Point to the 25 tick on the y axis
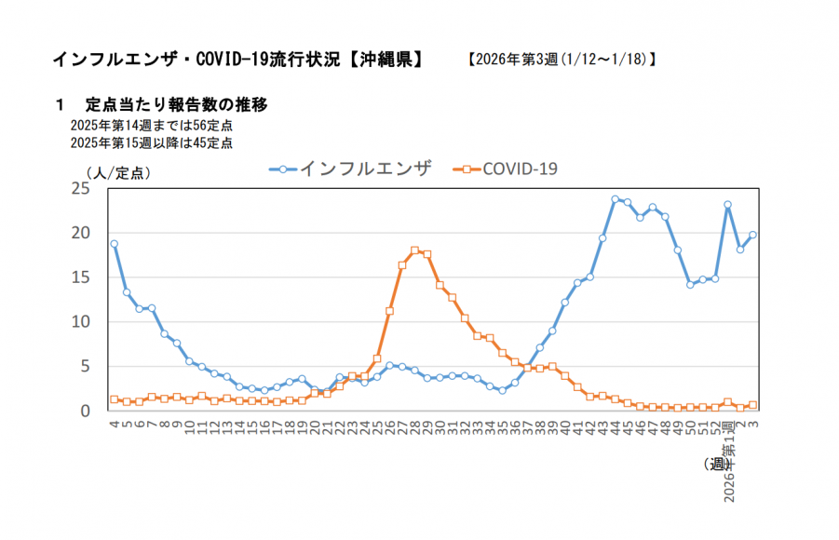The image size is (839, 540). click(x=80, y=188)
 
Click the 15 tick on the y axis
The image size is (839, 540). click(x=80, y=277)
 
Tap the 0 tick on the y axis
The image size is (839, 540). click(x=85, y=411)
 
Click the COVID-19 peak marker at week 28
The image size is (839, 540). click(x=414, y=250)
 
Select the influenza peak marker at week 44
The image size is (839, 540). click(x=615, y=199)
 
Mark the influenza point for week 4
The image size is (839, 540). click(x=114, y=244)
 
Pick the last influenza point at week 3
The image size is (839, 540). click(x=752, y=235)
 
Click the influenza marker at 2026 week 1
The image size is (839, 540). click(x=727, y=205)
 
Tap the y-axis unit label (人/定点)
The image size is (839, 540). click(x=117, y=172)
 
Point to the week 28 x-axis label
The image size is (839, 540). click(x=414, y=425)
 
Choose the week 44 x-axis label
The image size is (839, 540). click(x=615, y=425)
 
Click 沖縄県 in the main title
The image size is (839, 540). click(x=382, y=60)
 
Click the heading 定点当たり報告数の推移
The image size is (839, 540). click(x=177, y=103)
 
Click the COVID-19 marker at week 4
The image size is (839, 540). click(x=114, y=399)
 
